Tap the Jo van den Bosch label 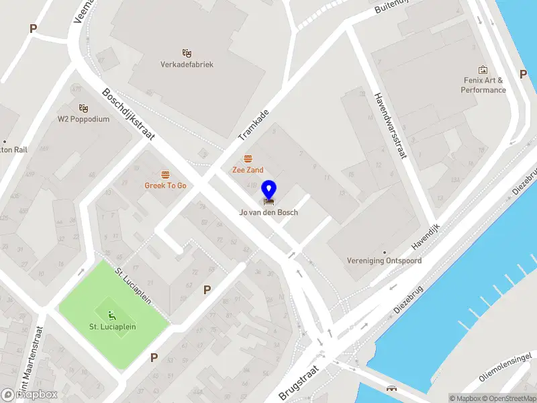[268, 212]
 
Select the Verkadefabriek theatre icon [187, 52]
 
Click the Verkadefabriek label [187, 64]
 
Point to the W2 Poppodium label [83, 120]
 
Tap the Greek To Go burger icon [165, 174]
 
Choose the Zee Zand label [248, 170]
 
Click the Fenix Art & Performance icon [483, 70]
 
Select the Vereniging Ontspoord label [385, 261]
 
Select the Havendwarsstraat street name [391, 126]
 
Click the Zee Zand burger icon [248, 159]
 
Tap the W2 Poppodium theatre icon [83, 108]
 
